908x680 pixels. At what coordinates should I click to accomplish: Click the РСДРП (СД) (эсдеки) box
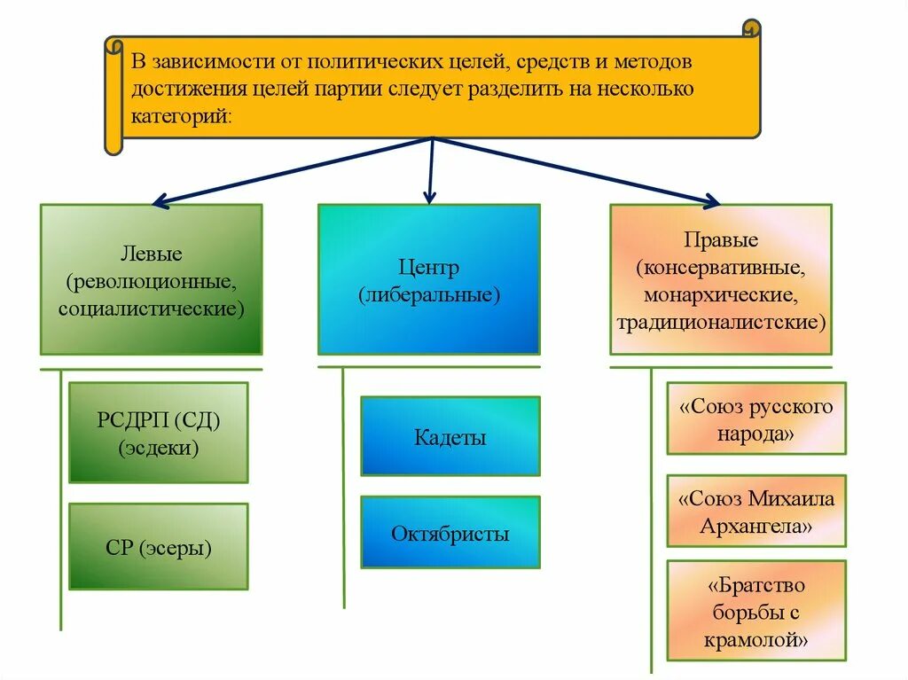click(x=158, y=433)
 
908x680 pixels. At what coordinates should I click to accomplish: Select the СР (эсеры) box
click(x=158, y=547)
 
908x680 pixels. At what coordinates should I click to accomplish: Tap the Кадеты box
click(x=450, y=436)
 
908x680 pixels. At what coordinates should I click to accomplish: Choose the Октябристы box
click(x=450, y=533)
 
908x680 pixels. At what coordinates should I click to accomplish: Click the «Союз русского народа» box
click(x=756, y=419)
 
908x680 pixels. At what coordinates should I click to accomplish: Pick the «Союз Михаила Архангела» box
click(x=756, y=511)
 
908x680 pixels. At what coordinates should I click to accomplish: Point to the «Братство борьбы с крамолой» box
click(x=756, y=611)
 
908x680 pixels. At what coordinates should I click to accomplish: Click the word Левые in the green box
click(x=151, y=254)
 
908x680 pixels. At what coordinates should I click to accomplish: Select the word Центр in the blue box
click(x=429, y=268)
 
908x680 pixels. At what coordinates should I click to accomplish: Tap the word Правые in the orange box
click(x=721, y=240)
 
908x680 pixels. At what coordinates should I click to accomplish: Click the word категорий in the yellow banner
click(x=180, y=116)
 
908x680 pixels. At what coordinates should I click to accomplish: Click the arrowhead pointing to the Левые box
click(x=160, y=202)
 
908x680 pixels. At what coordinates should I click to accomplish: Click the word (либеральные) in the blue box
click(x=429, y=294)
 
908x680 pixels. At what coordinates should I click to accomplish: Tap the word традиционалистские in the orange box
click(x=721, y=321)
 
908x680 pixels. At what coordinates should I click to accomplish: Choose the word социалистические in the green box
click(x=151, y=309)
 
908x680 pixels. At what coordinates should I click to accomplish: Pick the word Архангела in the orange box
click(x=756, y=526)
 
